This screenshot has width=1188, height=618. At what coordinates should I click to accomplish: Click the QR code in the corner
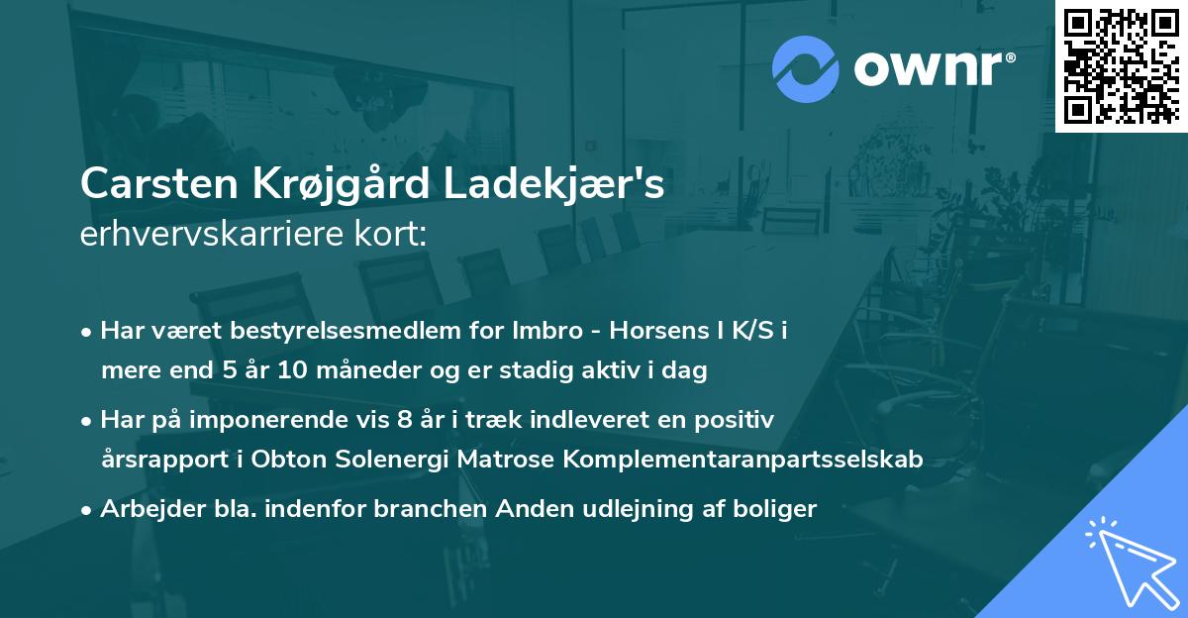click(1121, 66)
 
